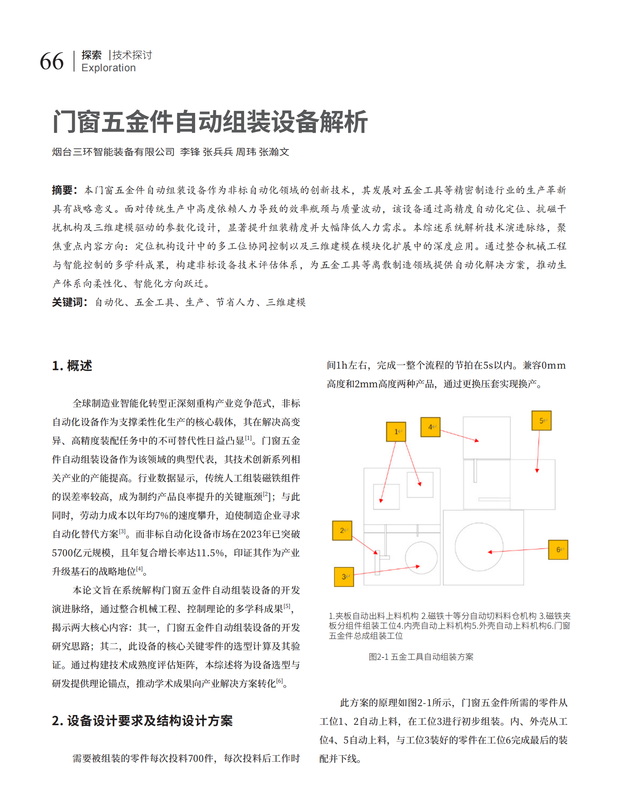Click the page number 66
52,62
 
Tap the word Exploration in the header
109,68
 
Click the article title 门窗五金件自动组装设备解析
210,122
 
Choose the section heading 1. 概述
72,366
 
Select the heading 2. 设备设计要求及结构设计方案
142,721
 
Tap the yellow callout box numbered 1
396,432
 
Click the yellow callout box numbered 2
342,531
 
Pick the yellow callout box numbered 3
344,577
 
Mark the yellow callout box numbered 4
431,427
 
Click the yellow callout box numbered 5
542,421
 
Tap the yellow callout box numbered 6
558,550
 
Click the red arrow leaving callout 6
518,550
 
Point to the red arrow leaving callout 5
538,452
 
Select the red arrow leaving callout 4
459,436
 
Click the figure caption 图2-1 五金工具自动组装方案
421,657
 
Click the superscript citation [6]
280,681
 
